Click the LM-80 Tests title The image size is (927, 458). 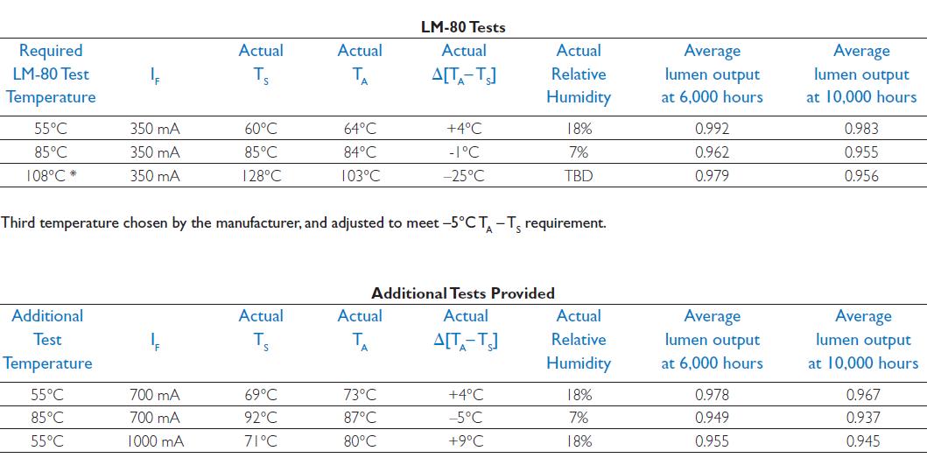click(x=463, y=27)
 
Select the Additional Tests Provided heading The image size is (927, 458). click(x=463, y=293)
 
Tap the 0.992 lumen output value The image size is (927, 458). click(x=712, y=129)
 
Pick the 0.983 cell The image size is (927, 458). click(x=861, y=129)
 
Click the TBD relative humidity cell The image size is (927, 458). click(x=579, y=176)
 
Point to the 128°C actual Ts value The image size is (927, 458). click(x=261, y=176)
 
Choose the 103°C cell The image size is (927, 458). click(x=360, y=176)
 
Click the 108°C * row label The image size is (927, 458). click(x=51, y=176)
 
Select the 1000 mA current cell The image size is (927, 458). click(x=155, y=441)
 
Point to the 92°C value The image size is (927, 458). click(x=261, y=418)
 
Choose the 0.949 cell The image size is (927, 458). click(x=712, y=418)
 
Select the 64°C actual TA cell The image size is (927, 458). click(x=360, y=129)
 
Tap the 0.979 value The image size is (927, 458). click(x=712, y=176)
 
